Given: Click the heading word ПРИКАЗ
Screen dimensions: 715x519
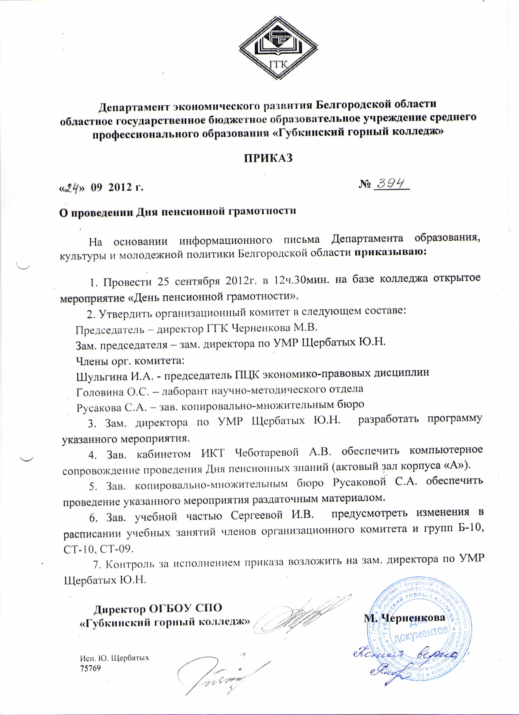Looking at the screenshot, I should [269, 158].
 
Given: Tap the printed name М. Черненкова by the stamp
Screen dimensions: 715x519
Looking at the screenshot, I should [405, 617].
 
